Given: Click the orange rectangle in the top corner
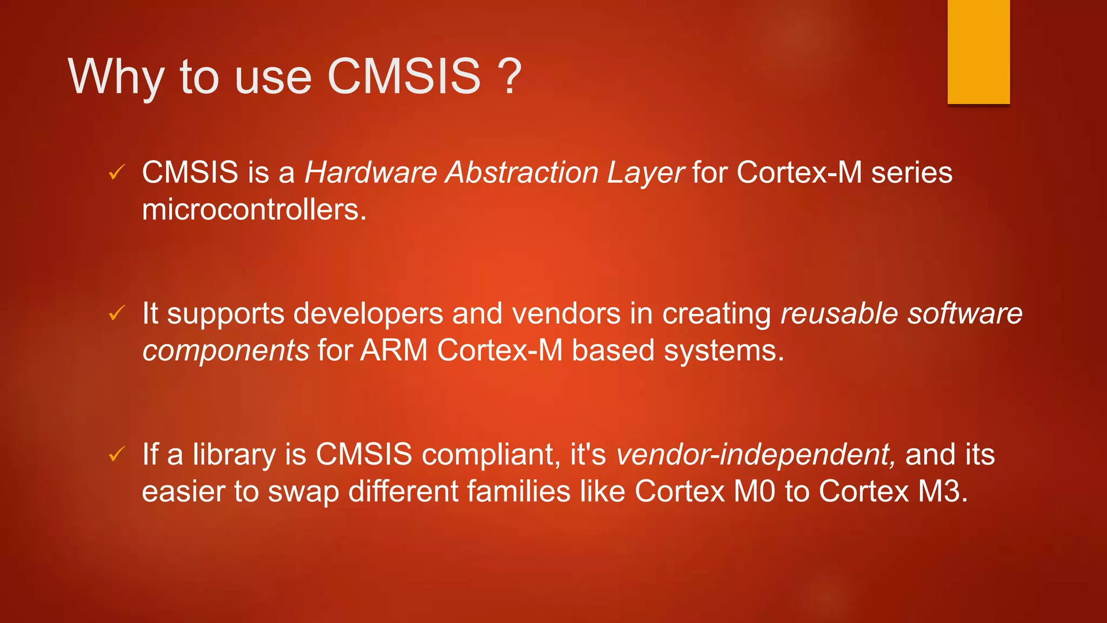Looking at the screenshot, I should pos(978,52).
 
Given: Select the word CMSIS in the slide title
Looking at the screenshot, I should pos(404,76).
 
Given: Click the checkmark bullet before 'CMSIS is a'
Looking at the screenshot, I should pos(117,173).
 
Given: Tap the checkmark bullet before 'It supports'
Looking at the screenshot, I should pos(117,313).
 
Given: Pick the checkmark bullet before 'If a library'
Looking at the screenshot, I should pos(117,454).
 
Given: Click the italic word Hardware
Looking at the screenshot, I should pos(371,173).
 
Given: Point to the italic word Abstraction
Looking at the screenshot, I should pos(522,173).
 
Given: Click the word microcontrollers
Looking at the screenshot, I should pos(254,210).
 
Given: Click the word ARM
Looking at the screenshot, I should pos(394,350).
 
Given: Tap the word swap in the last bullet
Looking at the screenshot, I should pos(303,492).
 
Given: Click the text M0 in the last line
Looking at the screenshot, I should pos(755,492).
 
